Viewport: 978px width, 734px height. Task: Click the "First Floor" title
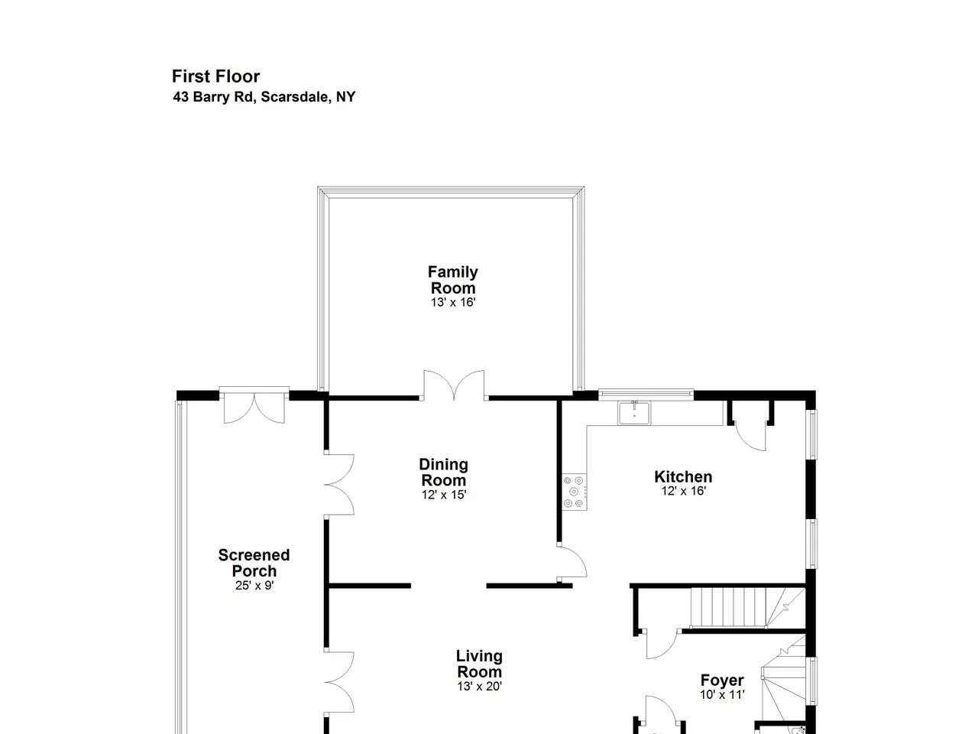click(215, 76)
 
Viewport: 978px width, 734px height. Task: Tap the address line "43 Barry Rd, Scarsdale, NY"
click(264, 96)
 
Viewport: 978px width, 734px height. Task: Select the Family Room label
click(452, 279)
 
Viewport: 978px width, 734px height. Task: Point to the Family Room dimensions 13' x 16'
click(452, 302)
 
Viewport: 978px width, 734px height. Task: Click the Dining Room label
click(443, 472)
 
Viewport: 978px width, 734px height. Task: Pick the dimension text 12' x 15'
click(444, 495)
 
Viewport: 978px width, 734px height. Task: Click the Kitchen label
click(683, 476)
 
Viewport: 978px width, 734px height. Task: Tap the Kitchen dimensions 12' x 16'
click(684, 491)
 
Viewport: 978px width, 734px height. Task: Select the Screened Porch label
click(254, 563)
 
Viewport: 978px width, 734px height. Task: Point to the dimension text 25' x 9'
click(254, 585)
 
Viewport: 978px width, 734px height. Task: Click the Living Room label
click(479, 664)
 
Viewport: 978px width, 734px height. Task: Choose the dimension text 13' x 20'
click(479, 687)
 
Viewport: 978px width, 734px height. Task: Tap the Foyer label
click(722, 680)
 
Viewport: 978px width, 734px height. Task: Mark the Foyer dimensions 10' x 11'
click(722, 694)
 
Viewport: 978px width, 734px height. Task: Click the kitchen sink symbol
click(634, 413)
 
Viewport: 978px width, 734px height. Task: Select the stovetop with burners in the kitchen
click(574, 492)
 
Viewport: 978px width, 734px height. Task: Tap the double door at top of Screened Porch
click(254, 405)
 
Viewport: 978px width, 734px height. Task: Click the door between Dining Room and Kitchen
click(572, 562)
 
